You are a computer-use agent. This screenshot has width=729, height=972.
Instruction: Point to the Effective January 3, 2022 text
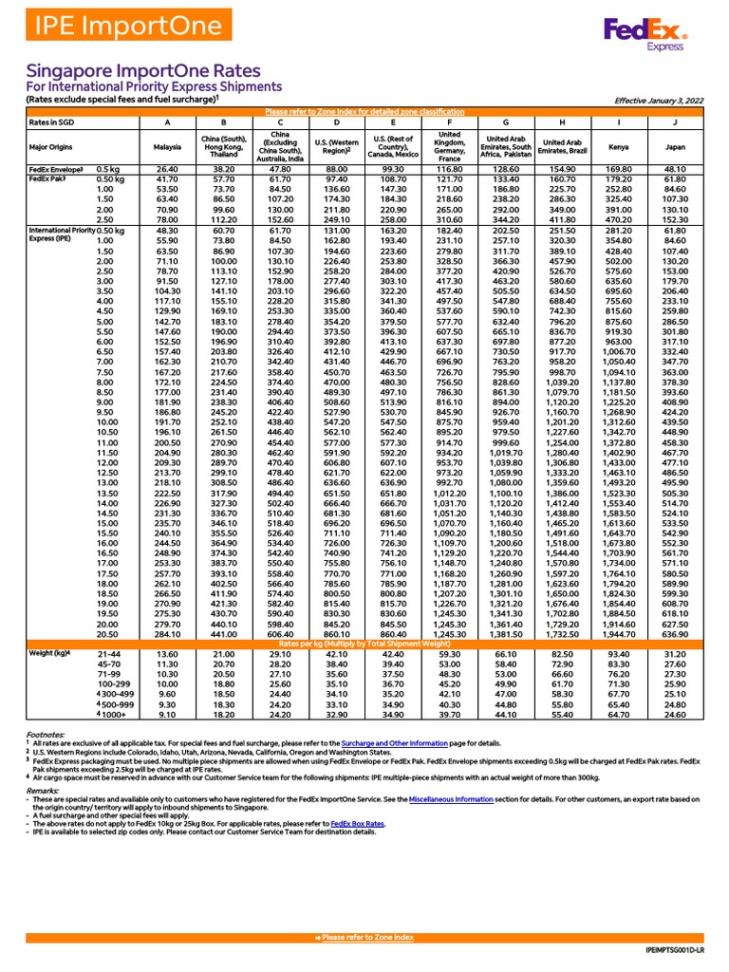[x=659, y=99]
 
